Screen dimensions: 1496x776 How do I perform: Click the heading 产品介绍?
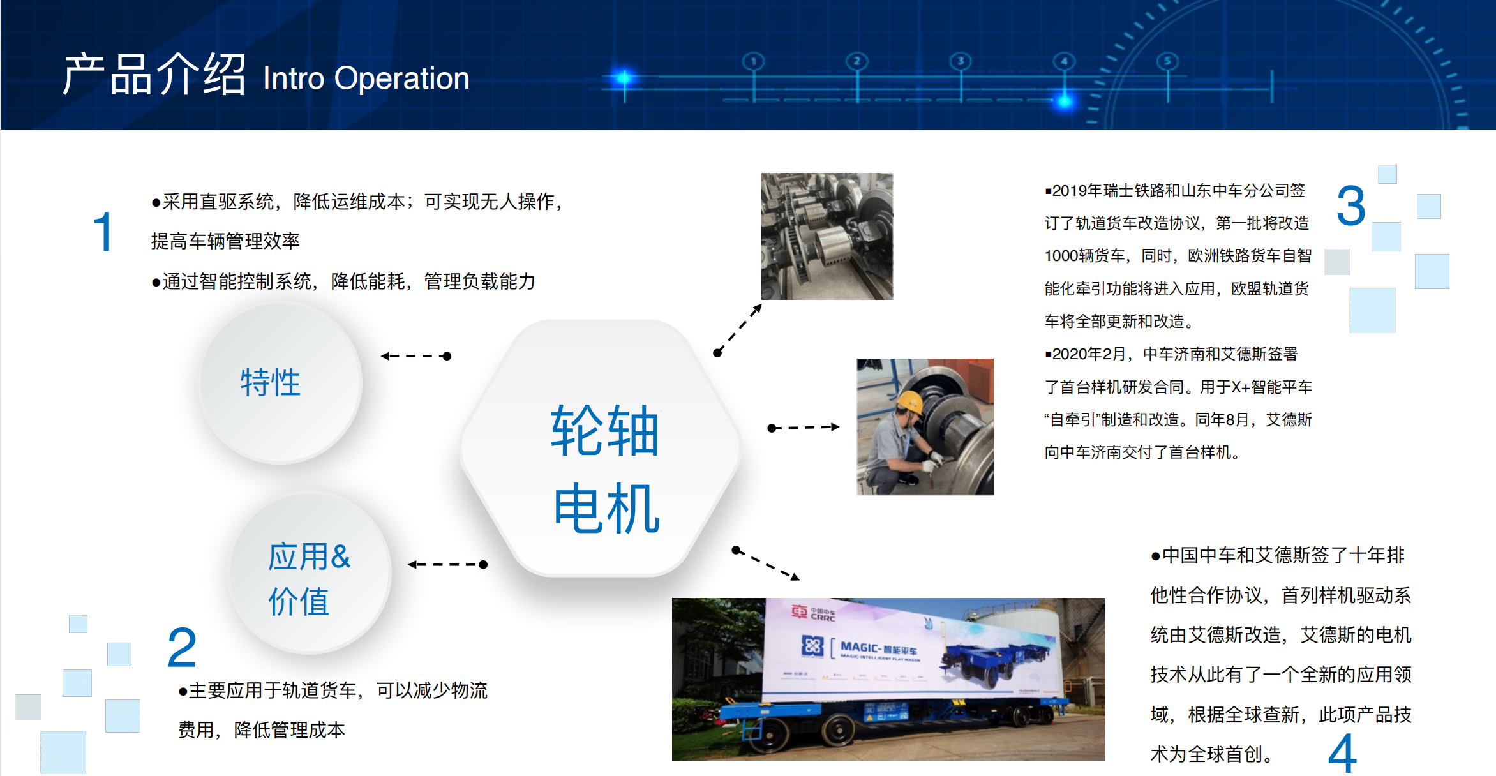tap(154, 74)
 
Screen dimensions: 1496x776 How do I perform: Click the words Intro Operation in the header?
tap(366, 78)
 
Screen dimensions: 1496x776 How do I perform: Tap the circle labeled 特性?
tap(281, 383)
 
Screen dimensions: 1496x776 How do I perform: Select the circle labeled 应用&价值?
tap(310, 573)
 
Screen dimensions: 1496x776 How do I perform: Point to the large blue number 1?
tap(103, 232)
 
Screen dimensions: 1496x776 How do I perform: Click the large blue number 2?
tap(182, 647)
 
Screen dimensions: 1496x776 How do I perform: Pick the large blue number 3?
tap(1350, 205)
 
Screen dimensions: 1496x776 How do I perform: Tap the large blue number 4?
tap(1342, 753)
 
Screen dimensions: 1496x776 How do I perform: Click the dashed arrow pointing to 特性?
tap(416, 356)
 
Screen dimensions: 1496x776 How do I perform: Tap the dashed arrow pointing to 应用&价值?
tap(447, 564)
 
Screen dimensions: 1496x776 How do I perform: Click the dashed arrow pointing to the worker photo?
tap(804, 427)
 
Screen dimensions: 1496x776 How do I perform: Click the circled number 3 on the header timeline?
tap(961, 61)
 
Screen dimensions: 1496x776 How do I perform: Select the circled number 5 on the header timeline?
tap(1167, 61)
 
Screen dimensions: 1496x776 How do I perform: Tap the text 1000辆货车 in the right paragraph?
tap(1084, 256)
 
